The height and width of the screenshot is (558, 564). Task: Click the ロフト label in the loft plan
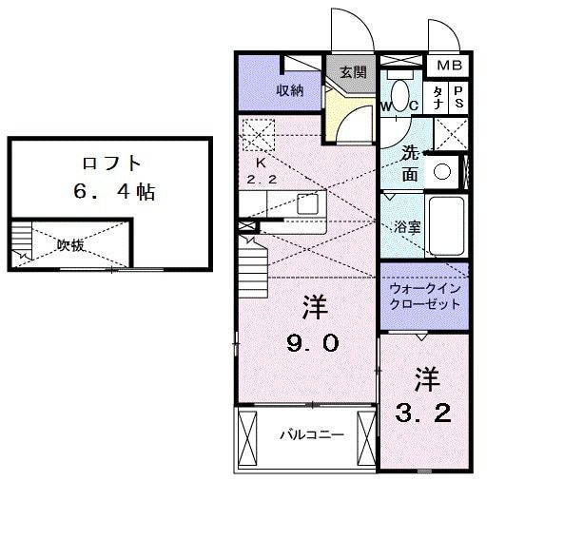point(109,162)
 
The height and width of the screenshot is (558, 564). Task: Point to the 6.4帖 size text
point(109,192)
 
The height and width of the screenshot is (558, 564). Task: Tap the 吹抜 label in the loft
point(70,245)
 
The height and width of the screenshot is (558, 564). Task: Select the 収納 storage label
point(290,90)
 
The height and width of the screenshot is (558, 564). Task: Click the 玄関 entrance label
point(353,71)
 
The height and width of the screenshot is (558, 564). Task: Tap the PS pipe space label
point(457,96)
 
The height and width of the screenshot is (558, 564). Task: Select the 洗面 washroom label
point(409,162)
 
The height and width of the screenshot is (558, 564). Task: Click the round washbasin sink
point(441,172)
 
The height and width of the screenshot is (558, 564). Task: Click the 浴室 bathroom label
point(407,226)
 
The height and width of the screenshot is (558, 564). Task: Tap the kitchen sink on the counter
point(306,202)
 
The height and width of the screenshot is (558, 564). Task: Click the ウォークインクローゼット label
point(424,297)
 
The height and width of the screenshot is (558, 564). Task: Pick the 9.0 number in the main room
point(314,343)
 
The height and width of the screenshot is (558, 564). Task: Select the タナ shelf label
point(437,96)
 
